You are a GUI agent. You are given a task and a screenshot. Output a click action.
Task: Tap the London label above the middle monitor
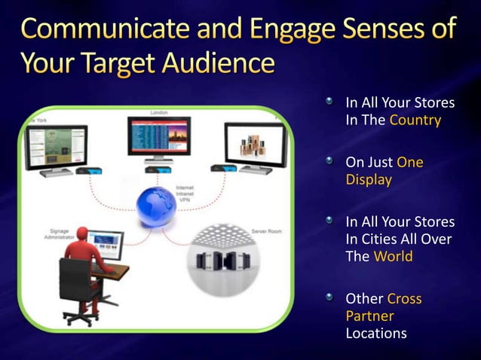[159, 112]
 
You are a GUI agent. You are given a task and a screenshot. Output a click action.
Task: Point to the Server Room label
[266, 231]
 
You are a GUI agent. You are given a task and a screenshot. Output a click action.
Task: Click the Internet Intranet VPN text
[185, 193]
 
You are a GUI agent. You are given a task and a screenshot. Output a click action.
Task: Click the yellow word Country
[415, 120]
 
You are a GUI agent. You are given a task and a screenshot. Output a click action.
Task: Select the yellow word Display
[368, 180]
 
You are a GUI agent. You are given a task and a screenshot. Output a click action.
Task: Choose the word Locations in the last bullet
[376, 332]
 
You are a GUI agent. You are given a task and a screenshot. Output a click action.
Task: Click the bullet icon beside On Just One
[329, 161]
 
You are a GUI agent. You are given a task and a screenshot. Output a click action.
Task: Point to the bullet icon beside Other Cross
[329, 298]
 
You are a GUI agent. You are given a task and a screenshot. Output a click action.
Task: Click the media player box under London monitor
[159, 172]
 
